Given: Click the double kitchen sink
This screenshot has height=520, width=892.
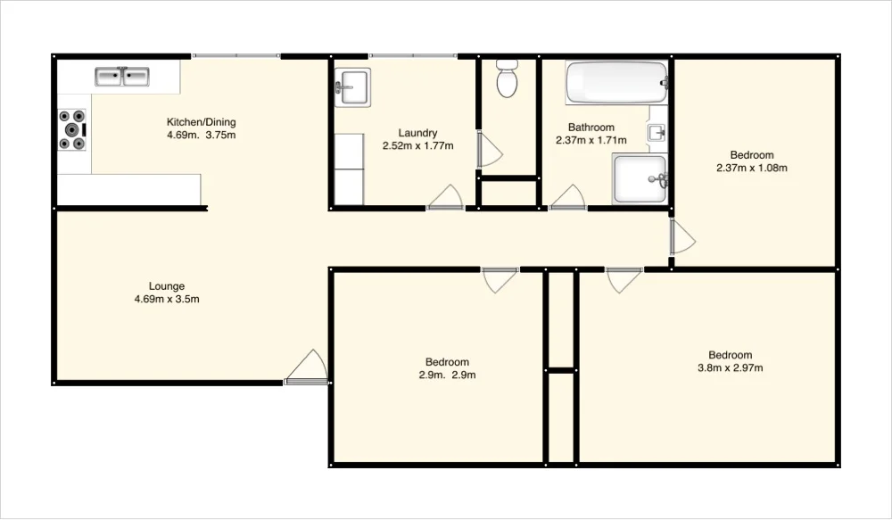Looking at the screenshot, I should [122, 78].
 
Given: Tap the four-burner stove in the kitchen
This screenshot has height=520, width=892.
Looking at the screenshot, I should [73, 129].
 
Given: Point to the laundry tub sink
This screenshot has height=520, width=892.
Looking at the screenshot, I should [351, 87].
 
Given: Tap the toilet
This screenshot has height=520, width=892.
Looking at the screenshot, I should [507, 78].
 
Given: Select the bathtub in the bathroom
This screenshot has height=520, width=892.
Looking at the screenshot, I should [615, 83].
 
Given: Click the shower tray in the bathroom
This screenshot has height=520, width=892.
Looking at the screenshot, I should [640, 178].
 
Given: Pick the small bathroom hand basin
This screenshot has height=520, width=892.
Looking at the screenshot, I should [657, 134].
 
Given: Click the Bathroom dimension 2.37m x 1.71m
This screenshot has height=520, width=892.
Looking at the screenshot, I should [591, 140].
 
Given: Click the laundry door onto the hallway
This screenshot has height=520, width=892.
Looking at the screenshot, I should [445, 199].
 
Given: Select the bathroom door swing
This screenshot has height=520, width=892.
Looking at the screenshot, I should [567, 198].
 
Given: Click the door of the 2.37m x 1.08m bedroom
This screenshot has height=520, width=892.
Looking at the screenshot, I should [681, 236].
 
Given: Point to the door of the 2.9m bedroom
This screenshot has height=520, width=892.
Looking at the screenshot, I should [500, 279].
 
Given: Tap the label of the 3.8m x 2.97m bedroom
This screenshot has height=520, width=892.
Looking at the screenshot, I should [730, 361].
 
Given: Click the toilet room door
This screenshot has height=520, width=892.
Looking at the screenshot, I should [489, 150].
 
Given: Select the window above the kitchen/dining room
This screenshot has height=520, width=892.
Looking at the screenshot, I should [236, 56].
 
